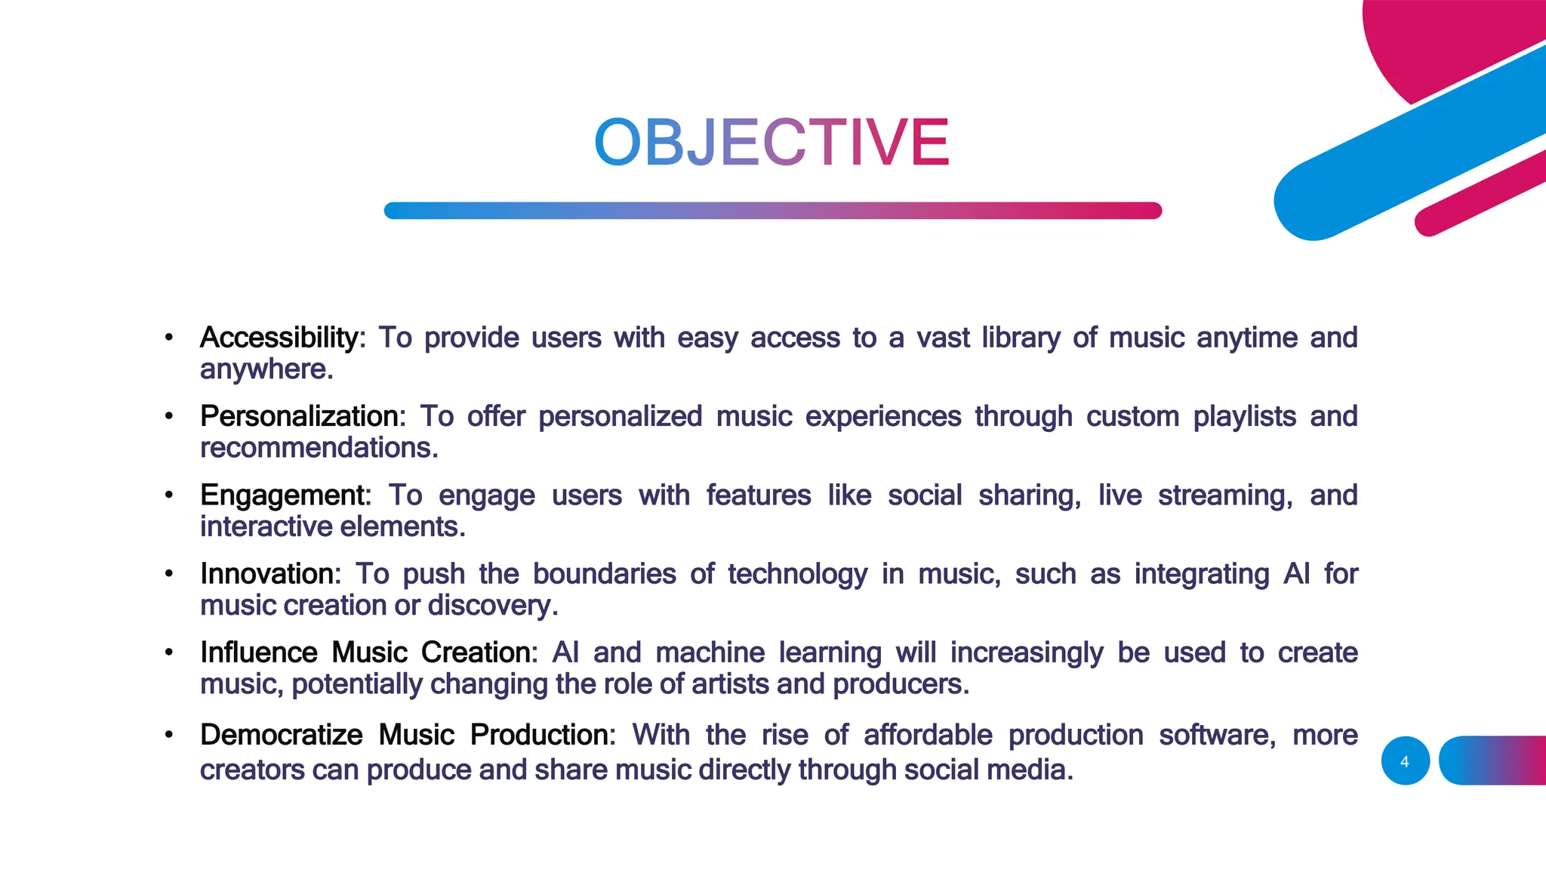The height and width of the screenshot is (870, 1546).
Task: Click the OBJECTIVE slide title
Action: point(771,143)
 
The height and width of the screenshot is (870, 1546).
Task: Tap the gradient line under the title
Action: point(772,211)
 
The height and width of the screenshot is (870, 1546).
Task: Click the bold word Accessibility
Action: point(279,338)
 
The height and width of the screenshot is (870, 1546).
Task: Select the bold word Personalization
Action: point(300,416)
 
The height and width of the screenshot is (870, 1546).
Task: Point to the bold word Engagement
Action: point(282,495)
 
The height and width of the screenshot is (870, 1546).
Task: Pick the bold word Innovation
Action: point(267,574)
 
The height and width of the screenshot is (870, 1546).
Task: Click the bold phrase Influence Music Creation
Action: point(366,652)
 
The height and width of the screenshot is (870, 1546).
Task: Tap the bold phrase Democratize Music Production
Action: point(404,735)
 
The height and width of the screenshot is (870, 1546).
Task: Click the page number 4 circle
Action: point(1405,761)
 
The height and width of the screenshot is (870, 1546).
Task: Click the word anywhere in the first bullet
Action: point(265,369)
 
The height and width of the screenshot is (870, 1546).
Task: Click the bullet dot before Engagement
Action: point(169,495)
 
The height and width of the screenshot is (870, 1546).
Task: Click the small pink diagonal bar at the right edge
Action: point(1480,194)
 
